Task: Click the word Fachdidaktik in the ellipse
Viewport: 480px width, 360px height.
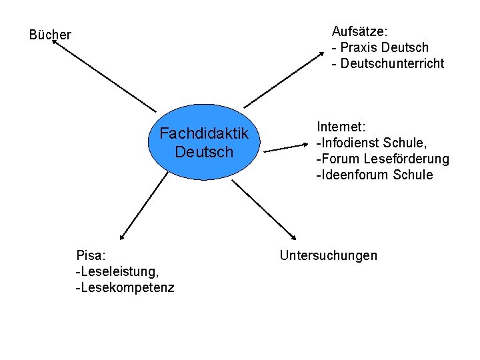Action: pyautogui.click(x=204, y=134)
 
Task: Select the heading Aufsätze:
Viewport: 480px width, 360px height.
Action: pyautogui.click(x=360, y=31)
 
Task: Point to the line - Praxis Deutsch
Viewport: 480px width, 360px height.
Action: pyautogui.click(x=380, y=47)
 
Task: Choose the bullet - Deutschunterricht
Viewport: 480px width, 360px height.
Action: pyautogui.click(x=387, y=63)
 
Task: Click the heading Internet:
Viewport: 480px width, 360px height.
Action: pyautogui.click(x=341, y=127)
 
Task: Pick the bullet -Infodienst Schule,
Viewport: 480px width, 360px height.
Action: pyautogui.click(x=371, y=143)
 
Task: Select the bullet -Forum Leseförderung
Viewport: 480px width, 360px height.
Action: pyautogui.click(x=382, y=159)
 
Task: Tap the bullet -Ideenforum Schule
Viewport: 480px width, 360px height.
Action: pyautogui.click(x=374, y=175)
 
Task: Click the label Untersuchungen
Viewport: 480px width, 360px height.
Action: pyautogui.click(x=329, y=255)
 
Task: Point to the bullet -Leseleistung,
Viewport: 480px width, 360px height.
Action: pyautogui.click(x=117, y=271)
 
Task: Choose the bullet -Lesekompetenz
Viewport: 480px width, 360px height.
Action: pyautogui.click(x=125, y=287)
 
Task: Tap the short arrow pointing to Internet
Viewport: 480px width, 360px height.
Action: pyautogui.click(x=287, y=148)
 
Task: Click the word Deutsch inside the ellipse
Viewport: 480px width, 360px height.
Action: pyautogui.click(x=204, y=152)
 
